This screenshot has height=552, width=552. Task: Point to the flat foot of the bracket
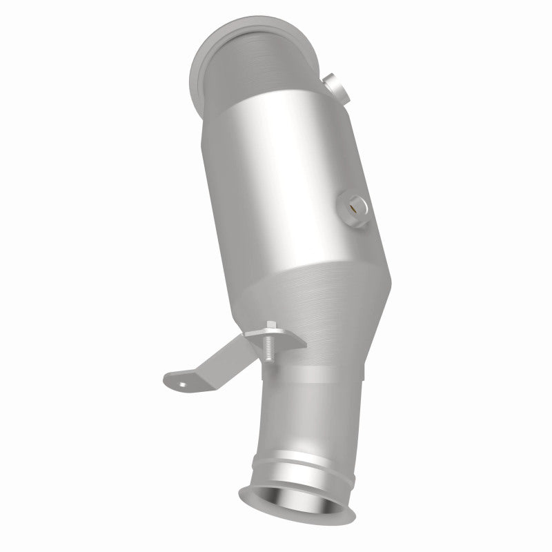click(184, 379)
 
